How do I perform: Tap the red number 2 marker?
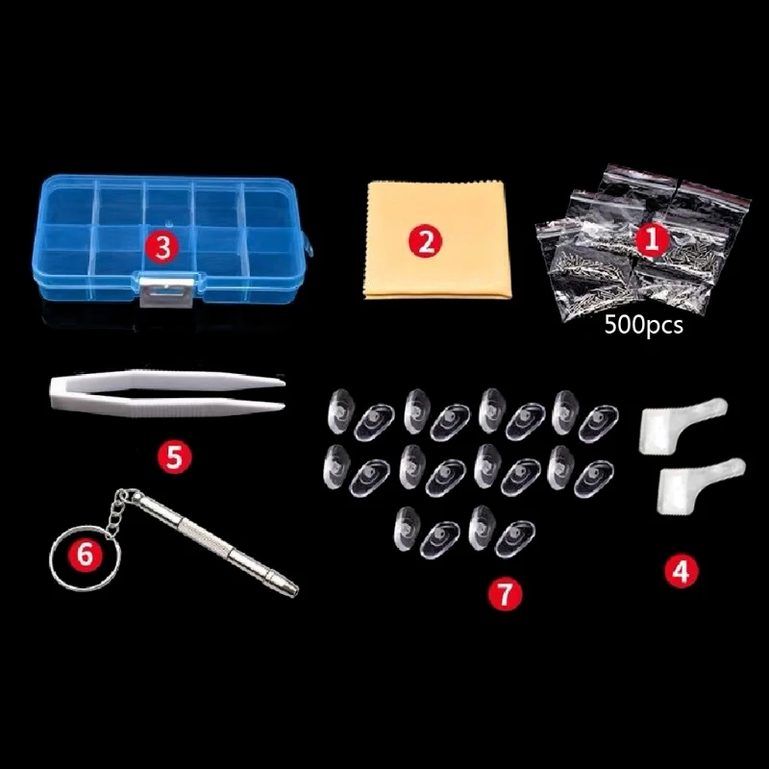[426, 240]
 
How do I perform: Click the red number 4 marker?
[681, 570]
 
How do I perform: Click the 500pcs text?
[644, 326]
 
